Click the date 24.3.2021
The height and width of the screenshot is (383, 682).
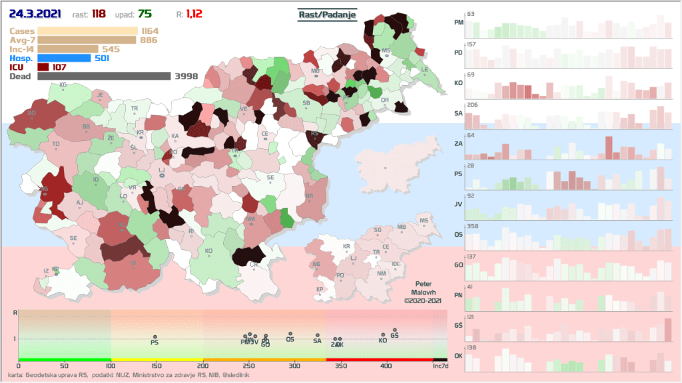(x=35, y=13)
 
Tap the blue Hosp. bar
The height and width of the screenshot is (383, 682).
(x=64, y=58)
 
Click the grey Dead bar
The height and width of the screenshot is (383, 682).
(x=104, y=76)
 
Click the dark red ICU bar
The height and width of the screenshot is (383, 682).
(x=43, y=67)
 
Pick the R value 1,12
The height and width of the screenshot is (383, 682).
(x=194, y=14)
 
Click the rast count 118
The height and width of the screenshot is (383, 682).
(x=99, y=14)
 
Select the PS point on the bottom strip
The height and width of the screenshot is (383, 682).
(x=155, y=337)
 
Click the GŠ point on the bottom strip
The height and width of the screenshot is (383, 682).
(x=394, y=330)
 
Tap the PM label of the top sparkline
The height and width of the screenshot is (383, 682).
(x=458, y=22)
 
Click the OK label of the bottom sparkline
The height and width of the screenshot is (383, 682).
(x=458, y=355)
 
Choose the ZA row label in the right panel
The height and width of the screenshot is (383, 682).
(x=458, y=144)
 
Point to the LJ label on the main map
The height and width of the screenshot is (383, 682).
(x=161, y=171)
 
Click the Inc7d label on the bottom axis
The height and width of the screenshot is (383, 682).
(x=440, y=366)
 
